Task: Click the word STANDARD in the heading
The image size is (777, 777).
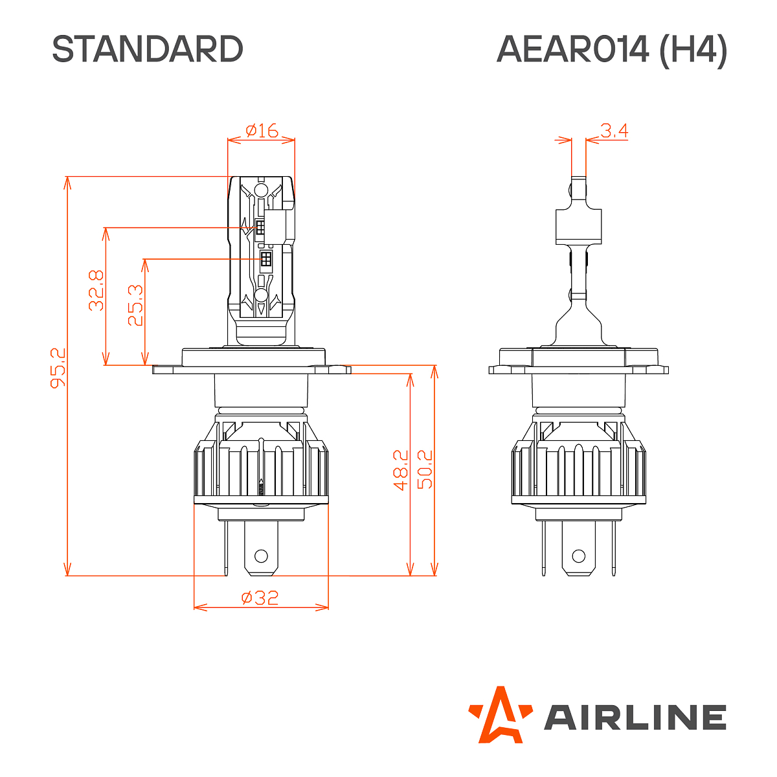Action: (148, 49)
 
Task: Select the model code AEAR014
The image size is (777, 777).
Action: (572, 49)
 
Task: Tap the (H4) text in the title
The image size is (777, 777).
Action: (693, 49)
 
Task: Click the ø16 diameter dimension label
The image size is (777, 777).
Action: (262, 130)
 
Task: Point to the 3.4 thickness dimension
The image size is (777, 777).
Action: (614, 131)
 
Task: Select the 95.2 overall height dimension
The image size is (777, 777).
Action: (58, 368)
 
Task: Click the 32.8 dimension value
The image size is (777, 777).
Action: (96, 290)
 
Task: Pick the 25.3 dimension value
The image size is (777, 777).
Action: (135, 306)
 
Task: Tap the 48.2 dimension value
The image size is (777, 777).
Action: (401, 471)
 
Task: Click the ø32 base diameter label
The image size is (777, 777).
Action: (260, 597)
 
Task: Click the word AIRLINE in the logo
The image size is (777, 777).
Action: (635, 717)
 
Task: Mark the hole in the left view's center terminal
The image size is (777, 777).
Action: (261, 556)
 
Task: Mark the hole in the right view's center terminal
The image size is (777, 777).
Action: (578, 556)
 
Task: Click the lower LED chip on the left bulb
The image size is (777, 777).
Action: (265, 260)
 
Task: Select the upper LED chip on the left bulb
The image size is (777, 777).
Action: (260, 228)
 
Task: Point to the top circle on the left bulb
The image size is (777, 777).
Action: (261, 190)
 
